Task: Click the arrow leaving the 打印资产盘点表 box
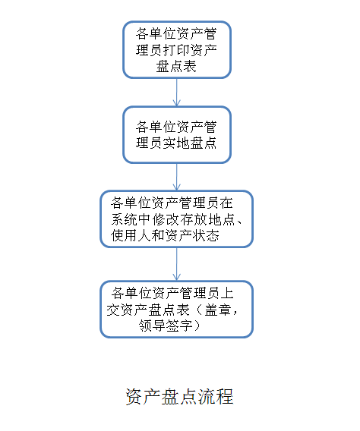[176, 93]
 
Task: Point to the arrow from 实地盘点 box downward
[176, 177]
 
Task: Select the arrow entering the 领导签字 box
[176, 264]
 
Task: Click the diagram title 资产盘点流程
[179, 397]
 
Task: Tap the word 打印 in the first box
[176, 50]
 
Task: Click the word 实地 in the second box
[176, 143]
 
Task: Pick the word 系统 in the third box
[124, 219]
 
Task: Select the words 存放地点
[207, 219]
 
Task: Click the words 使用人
[131, 235]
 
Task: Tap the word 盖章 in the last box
[218, 310]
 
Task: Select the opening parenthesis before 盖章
[199, 310]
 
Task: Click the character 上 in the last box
[227, 294]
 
